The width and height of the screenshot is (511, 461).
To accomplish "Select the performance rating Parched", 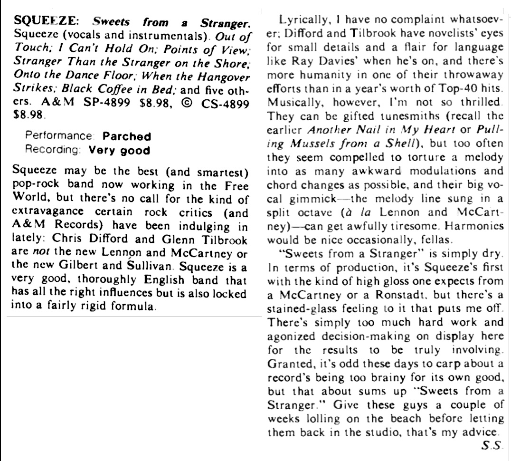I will click(x=127, y=136).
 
